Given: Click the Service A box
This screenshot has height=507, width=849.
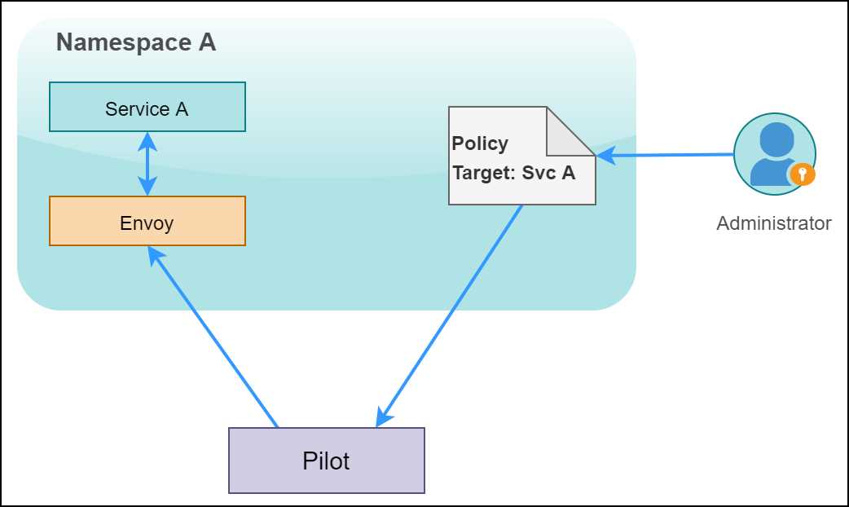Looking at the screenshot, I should [x=147, y=107].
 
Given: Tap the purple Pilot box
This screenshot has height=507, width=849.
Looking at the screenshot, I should [x=326, y=461].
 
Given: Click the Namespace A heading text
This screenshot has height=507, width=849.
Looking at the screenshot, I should [x=136, y=43].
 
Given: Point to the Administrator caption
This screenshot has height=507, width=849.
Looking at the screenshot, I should [x=773, y=223].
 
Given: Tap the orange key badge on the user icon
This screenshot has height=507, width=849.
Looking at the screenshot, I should [x=803, y=174].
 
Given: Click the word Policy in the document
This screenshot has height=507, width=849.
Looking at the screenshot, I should [x=480, y=143].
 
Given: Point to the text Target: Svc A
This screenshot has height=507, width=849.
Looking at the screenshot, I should [x=513, y=173].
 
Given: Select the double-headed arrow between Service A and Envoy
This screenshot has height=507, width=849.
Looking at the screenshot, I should [x=147, y=163].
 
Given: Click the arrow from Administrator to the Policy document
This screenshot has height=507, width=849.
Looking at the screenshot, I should [x=668, y=155].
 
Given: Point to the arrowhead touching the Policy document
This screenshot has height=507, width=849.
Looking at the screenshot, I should [x=604, y=155].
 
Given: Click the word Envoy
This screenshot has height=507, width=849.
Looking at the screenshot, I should [x=147, y=223].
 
